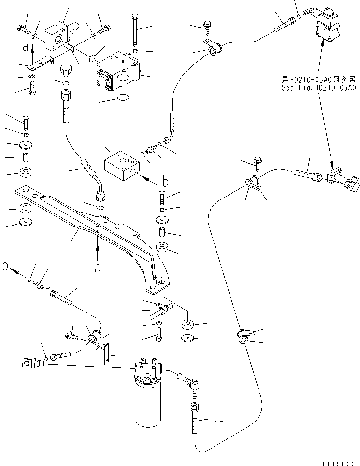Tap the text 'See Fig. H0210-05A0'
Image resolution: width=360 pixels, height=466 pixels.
tap(319, 88)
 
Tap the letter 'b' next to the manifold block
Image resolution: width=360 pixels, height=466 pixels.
tap(165, 182)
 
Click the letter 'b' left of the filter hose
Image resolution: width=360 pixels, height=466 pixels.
tap(6, 266)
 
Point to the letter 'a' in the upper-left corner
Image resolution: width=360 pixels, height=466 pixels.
tap(26, 46)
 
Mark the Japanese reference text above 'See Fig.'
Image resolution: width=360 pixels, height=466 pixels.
tap(319, 79)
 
